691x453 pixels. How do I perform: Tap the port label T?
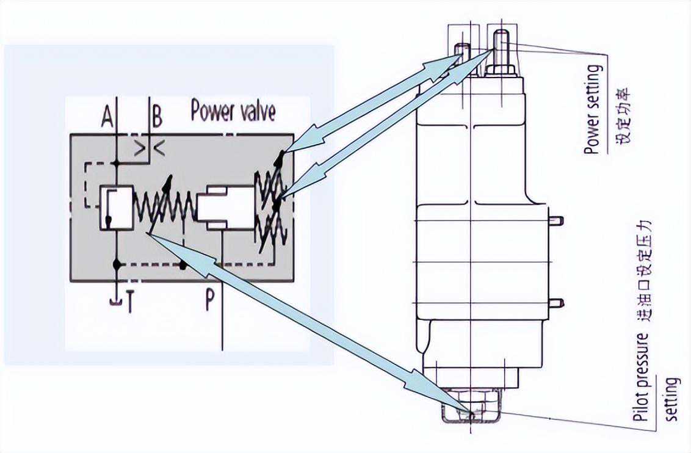[x=129, y=302]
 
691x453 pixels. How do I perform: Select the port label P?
[x=209, y=301]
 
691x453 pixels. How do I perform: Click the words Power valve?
[x=233, y=112]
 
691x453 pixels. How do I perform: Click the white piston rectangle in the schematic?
[x=225, y=208]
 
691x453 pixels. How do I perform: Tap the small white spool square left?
[x=116, y=208]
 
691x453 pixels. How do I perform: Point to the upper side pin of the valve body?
[x=555, y=220]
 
